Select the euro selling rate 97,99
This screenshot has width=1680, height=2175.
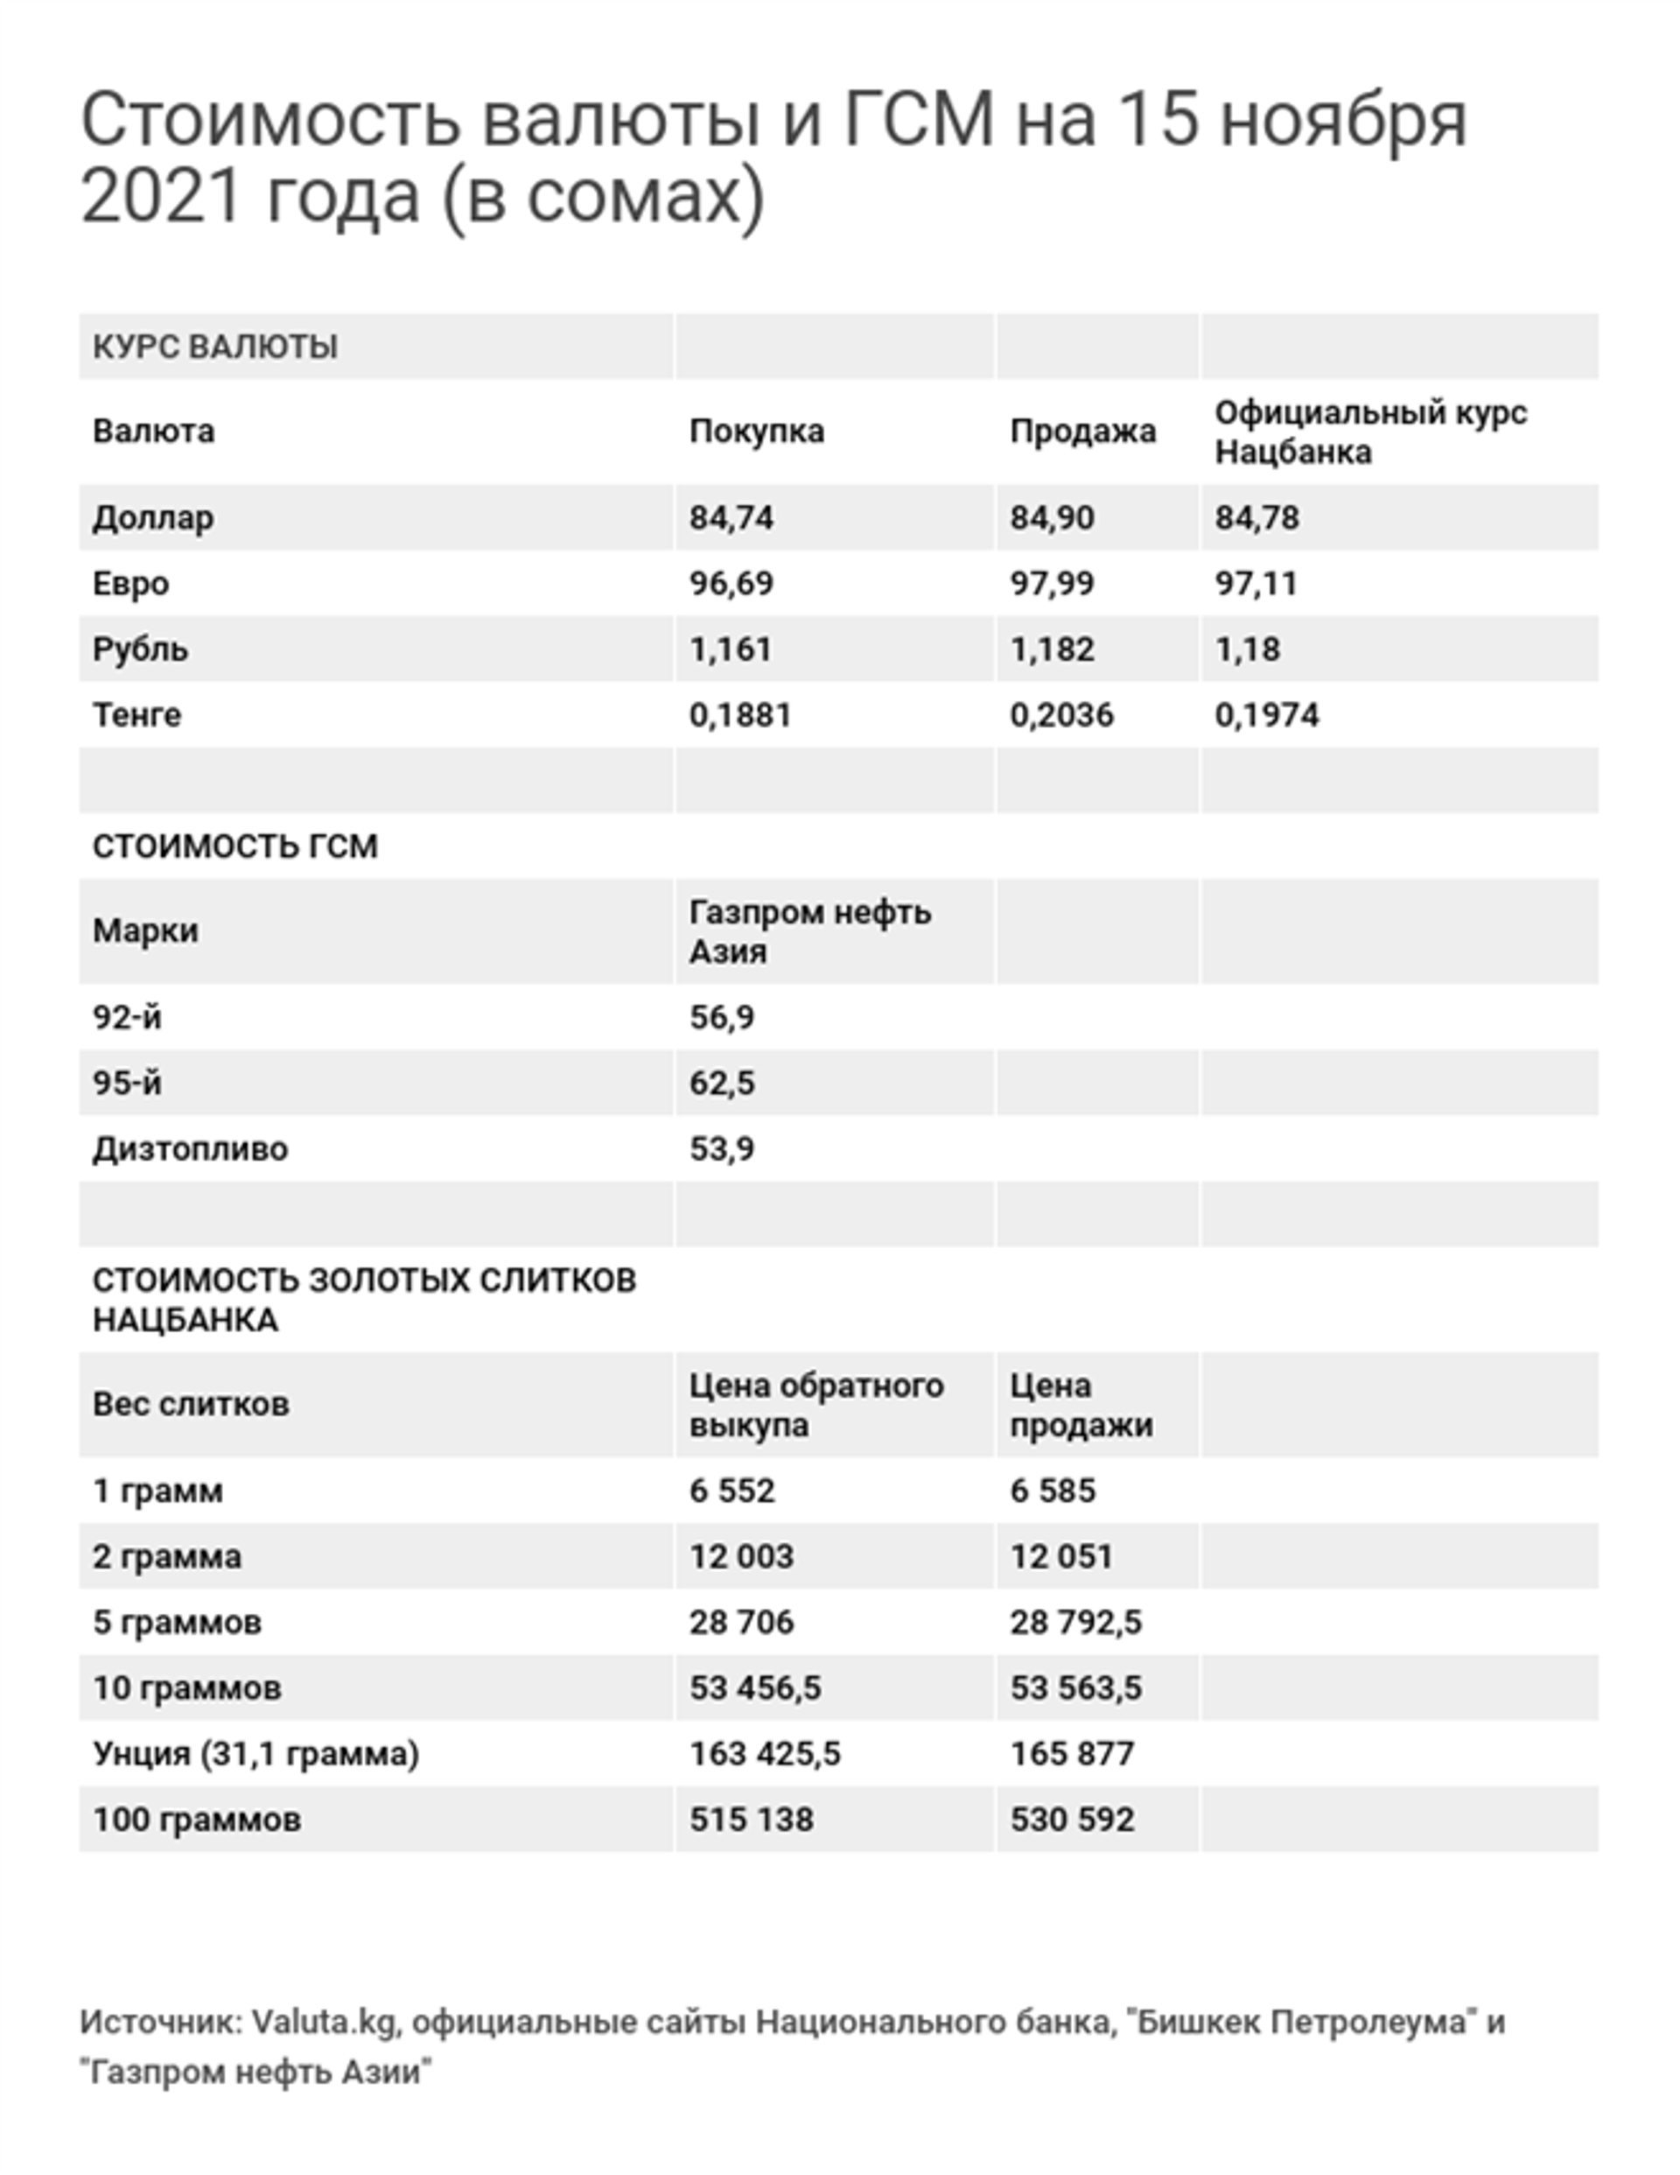point(1052,584)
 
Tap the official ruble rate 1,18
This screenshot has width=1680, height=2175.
point(1247,649)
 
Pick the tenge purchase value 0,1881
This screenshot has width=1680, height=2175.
point(740,715)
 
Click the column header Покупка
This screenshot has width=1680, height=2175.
point(757,431)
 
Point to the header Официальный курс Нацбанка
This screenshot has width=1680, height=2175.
point(1370,432)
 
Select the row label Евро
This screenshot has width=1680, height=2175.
point(130,584)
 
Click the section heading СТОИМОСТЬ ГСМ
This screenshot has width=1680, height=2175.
point(235,846)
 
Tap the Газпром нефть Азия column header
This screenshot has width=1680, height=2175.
point(809,931)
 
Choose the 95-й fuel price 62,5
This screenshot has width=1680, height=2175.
point(722,1083)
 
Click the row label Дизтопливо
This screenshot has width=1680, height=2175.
point(190,1149)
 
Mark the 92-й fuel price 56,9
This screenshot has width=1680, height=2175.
point(722,1017)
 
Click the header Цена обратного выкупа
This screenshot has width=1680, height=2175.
point(815,1404)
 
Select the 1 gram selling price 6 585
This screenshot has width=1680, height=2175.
point(1053,1491)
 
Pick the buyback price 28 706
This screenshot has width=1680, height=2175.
point(742,1623)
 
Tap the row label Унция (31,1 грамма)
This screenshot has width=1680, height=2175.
point(255,1754)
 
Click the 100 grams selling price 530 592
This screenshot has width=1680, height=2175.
point(1072,1820)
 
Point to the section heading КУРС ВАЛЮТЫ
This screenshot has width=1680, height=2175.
point(215,347)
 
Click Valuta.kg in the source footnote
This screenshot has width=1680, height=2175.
point(325,2023)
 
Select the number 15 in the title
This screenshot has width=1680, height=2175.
point(1158,120)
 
